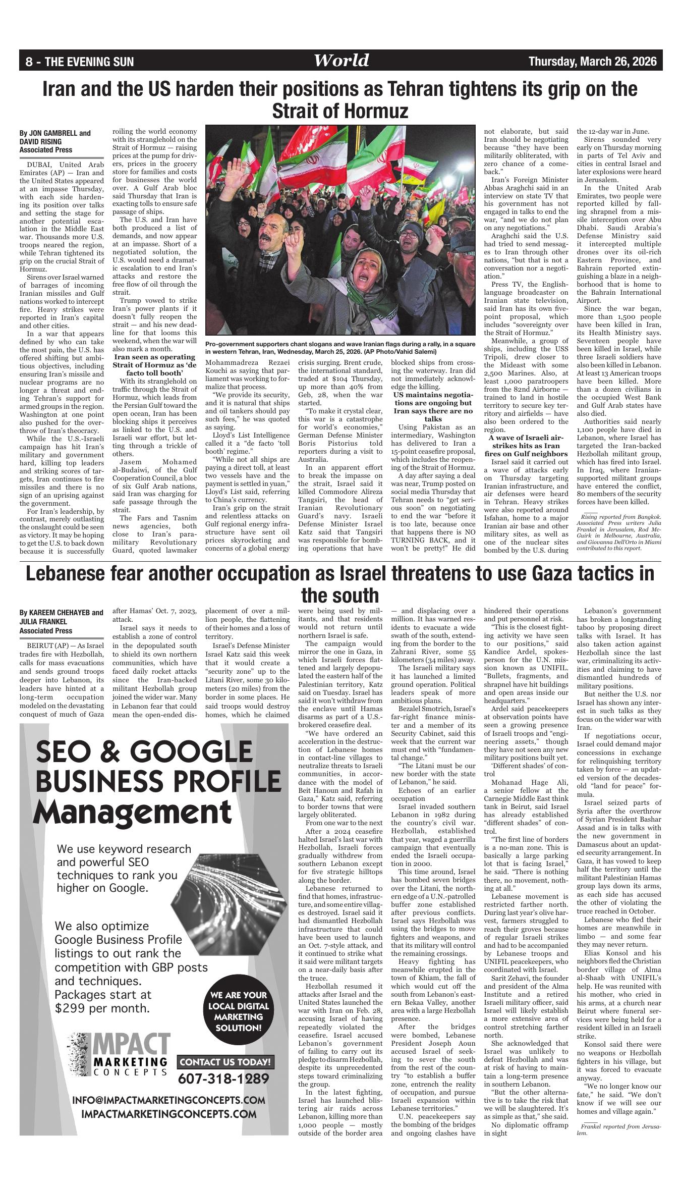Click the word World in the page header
click(341, 61)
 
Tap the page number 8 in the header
click(29, 62)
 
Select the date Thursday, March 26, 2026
click(593, 62)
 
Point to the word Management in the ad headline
click(133, 813)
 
